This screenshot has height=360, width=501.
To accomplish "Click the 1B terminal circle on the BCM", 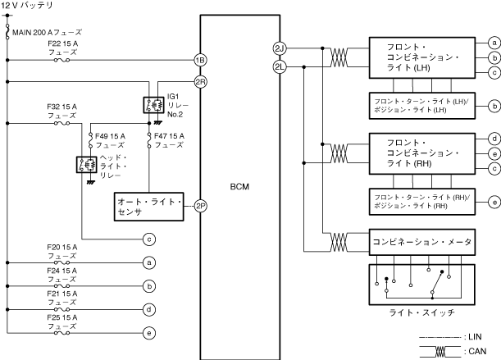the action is (x=200, y=60).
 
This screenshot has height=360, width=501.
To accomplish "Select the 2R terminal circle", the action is (x=200, y=82).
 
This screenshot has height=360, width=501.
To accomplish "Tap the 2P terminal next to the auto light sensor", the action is (x=200, y=206).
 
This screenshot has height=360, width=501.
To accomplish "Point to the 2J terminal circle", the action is (x=280, y=48).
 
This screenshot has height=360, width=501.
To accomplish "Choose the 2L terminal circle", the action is (x=280, y=66).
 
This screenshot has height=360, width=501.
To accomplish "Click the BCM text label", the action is (x=239, y=186).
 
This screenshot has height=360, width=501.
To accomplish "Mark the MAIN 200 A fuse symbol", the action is (x=7, y=32).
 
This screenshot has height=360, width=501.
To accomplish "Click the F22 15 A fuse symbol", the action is (x=62, y=60).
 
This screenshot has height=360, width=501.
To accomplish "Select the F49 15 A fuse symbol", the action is (x=90, y=140).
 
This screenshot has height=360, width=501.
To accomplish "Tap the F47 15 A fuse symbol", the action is (x=149, y=140).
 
